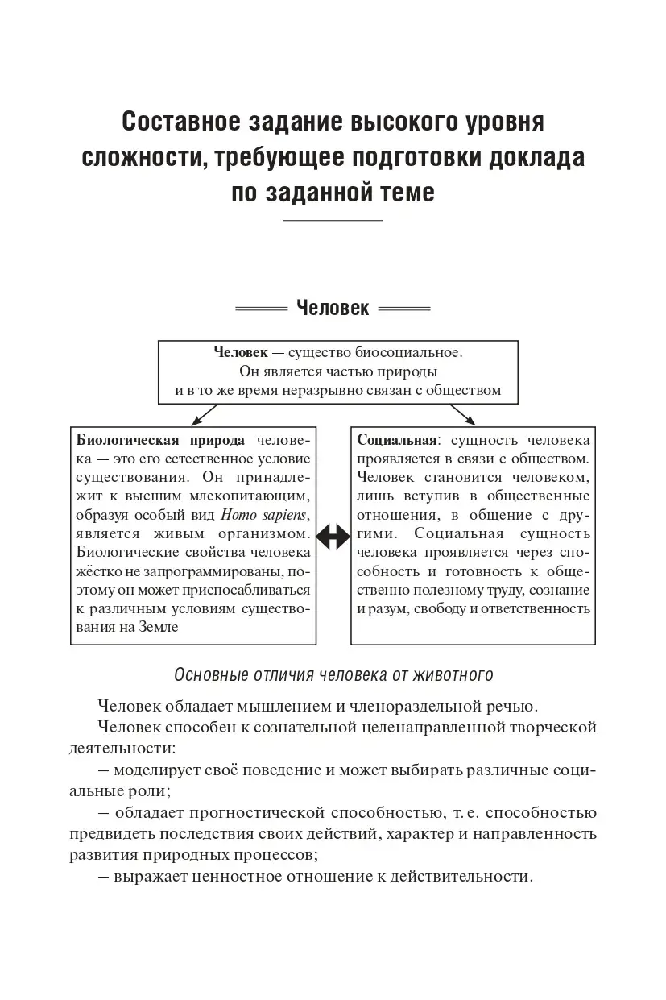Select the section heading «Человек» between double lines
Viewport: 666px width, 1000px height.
(333, 308)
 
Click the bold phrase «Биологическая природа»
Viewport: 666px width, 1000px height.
(159, 441)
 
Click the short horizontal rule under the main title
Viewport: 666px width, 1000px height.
(333, 220)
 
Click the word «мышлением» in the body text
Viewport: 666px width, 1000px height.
(284, 707)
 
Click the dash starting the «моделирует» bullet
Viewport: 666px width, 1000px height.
(103, 769)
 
